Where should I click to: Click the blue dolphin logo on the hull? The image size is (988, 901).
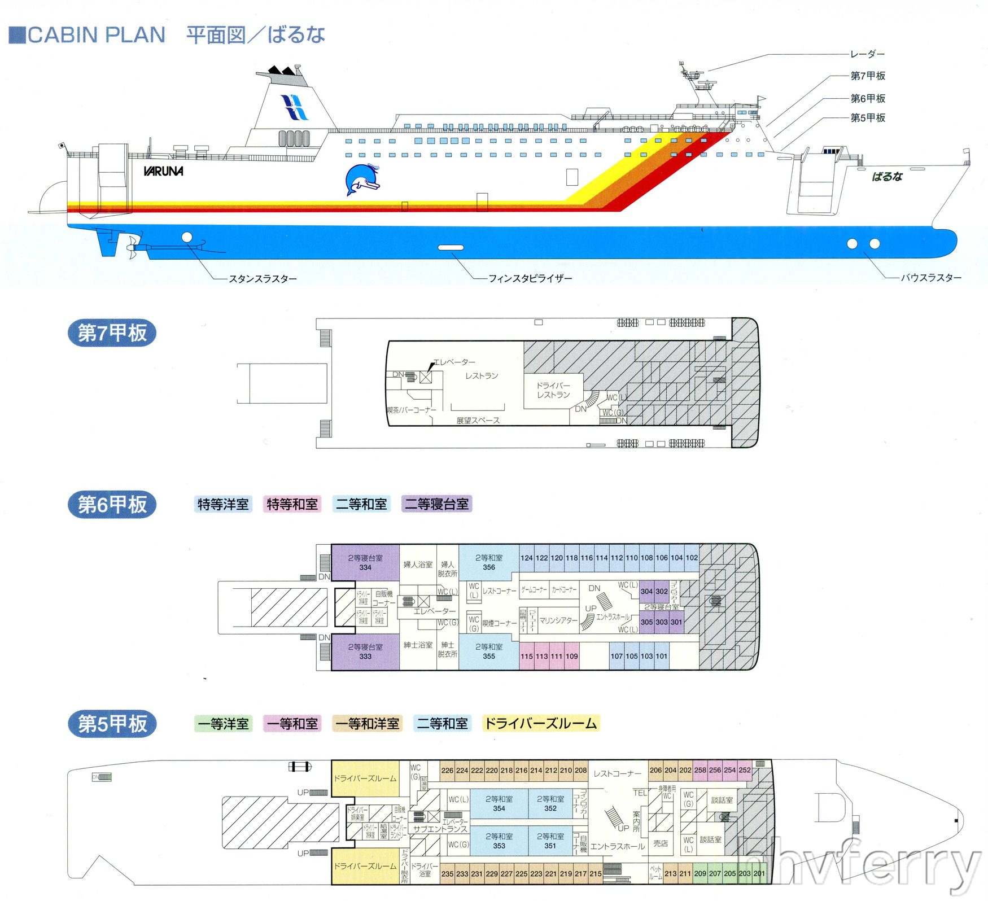362,180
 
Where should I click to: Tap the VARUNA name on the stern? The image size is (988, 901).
163,171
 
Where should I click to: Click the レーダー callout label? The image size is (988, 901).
867,54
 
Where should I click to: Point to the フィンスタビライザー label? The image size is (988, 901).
530,278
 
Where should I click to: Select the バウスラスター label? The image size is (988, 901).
930,277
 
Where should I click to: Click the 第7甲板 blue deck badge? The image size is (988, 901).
112,333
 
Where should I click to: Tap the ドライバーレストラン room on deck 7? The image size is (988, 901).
553,390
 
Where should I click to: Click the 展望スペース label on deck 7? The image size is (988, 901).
478,420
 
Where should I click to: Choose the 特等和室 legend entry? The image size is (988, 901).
292,504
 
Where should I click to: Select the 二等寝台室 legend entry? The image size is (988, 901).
436,504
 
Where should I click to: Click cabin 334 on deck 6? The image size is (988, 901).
365,562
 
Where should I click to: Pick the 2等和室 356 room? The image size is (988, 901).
489,562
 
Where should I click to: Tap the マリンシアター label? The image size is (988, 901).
558,620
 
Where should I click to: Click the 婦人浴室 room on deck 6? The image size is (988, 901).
418,564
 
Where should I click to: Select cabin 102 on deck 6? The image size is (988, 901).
692,558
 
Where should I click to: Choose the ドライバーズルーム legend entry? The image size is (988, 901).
540,723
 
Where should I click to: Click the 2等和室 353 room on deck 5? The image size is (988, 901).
499,841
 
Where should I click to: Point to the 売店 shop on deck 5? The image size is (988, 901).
661,843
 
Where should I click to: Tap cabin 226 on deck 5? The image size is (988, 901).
447,770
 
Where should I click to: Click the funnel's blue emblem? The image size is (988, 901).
295,107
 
